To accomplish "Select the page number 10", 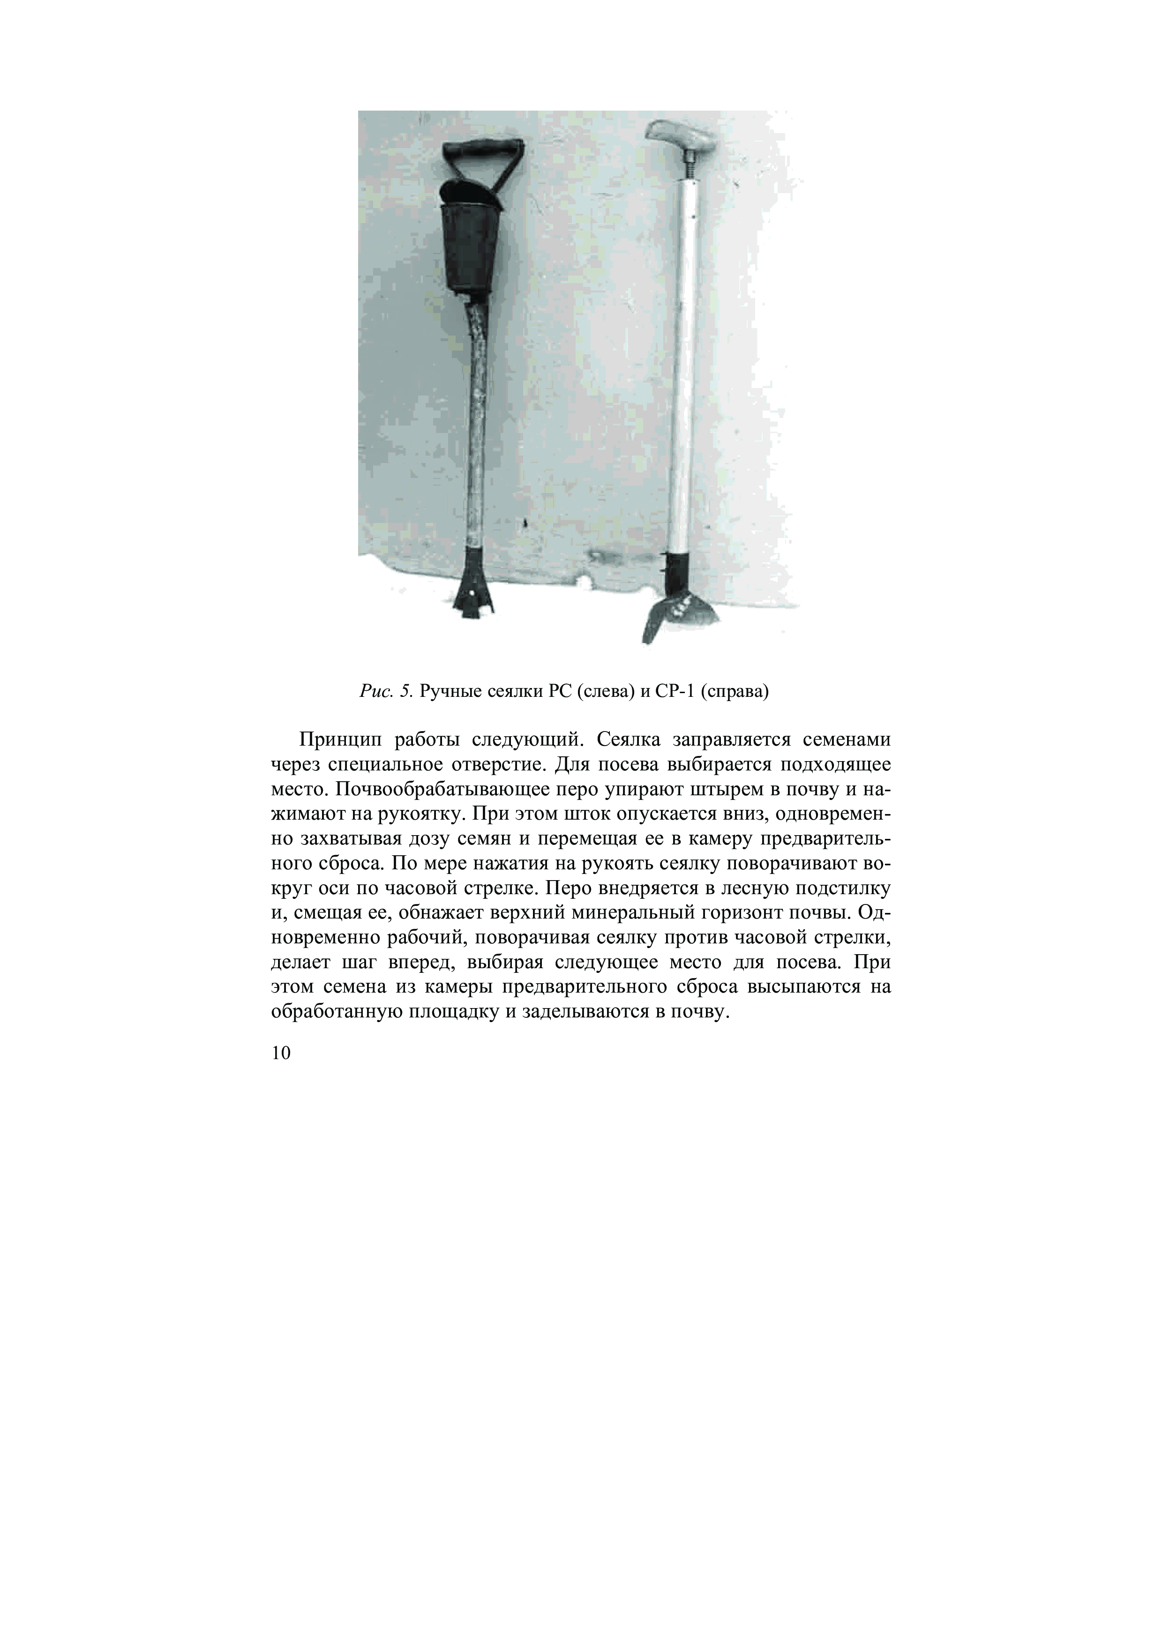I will coord(281,1053).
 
